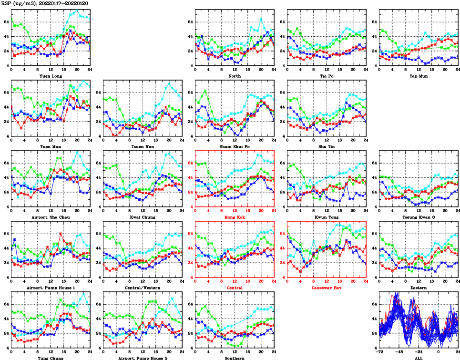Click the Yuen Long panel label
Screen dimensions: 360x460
point(51,76)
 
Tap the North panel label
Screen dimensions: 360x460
point(234,76)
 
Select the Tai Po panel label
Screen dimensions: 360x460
point(326,76)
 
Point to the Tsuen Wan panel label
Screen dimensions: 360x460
point(142,146)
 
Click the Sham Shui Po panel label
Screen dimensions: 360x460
point(234,146)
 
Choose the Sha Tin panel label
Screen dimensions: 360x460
point(326,146)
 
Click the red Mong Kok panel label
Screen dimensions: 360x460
point(234,217)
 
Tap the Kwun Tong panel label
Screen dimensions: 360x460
point(326,217)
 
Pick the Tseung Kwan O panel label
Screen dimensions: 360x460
point(418,217)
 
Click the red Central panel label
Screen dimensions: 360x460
point(234,288)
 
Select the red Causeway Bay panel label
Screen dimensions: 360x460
point(326,288)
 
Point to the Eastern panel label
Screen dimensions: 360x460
point(418,288)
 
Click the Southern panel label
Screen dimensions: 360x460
point(234,358)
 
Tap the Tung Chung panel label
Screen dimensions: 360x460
point(51,358)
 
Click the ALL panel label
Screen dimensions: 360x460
point(418,358)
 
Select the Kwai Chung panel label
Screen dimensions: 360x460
point(142,217)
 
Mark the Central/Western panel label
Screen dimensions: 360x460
point(142,288)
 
